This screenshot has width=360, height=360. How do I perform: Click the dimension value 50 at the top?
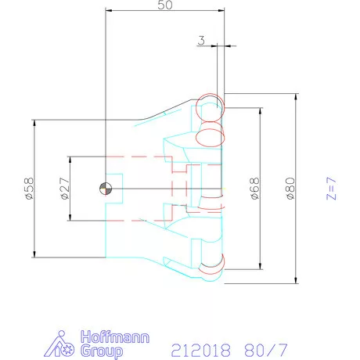(164, 5)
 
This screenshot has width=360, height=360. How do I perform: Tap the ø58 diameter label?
(29, 189)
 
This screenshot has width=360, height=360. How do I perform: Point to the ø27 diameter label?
(64, 189)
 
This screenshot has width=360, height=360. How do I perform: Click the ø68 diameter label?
(254, 189)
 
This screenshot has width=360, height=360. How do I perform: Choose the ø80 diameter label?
(290, 189)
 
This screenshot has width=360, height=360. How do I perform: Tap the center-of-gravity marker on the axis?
(106, 188)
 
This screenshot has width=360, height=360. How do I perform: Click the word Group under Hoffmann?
(102, 351)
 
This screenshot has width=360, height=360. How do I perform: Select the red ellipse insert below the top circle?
(210, 137)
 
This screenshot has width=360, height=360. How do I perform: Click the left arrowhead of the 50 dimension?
(108, 11)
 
